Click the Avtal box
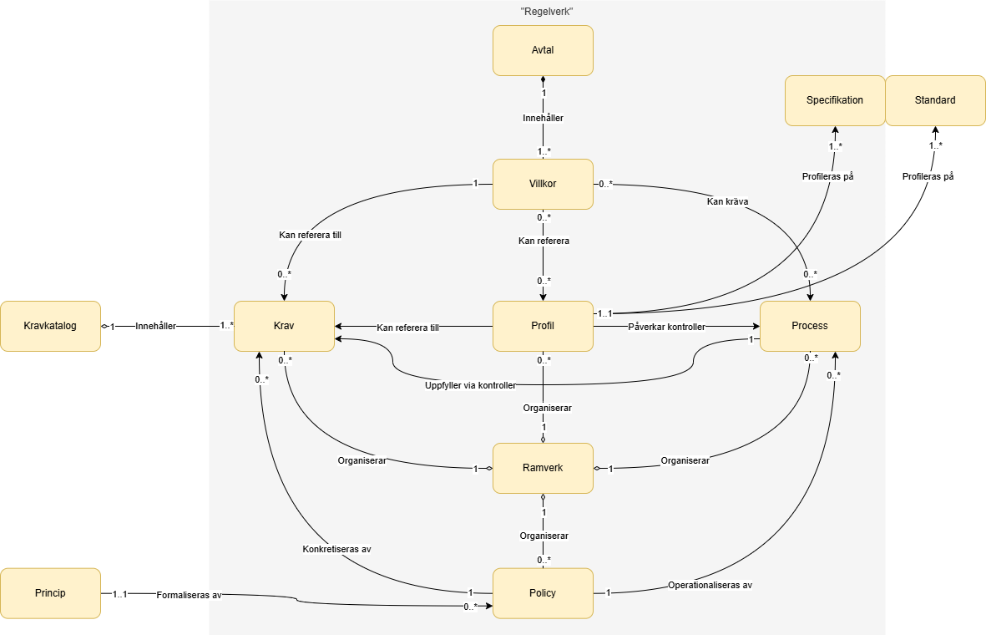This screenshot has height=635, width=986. (x=543, y=50)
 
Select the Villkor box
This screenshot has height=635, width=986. (x=543, y=184)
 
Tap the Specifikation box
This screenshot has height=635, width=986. (x=835, y=100)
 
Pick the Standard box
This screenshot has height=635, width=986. (x=935, y=100)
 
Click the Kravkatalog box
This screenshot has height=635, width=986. (x=50, y=326)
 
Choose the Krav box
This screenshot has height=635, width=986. (x=284, y=326)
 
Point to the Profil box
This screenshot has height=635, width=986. (x=543, y=326)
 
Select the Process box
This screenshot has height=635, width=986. (x=810, y=326)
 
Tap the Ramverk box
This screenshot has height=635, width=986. (x=543, y=468)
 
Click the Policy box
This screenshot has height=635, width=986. (x=543, y=593)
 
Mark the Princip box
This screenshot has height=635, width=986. (x=50, y=593)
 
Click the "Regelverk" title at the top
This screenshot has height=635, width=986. (x=547, y=12)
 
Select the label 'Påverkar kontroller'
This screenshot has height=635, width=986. (x=666, y=327)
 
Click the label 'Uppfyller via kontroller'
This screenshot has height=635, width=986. (x=469, y=385)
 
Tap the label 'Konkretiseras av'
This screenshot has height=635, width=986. (x=336, y=550)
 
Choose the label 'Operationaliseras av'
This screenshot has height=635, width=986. (x=710, y=586)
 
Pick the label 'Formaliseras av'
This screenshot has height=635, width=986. (x=189, y=595)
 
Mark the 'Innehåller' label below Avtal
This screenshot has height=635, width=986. (x=543, y=119)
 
